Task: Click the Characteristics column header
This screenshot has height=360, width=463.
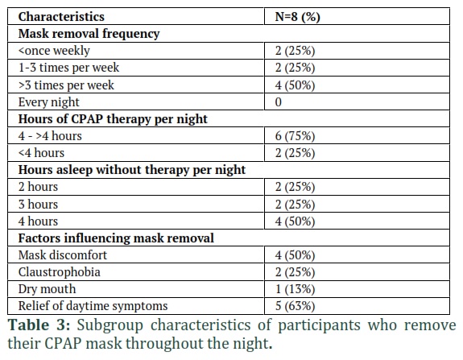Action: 61,17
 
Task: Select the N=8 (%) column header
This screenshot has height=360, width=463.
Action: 297,17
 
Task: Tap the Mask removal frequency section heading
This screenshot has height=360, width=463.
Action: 89,34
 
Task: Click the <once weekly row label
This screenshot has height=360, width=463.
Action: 54,51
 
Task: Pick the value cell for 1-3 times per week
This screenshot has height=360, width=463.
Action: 295,68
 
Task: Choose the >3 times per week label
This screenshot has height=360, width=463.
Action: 66,85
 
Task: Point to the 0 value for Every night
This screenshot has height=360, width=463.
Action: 278,102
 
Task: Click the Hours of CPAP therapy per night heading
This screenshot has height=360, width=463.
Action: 113,119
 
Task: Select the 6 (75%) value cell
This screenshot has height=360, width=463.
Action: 295,136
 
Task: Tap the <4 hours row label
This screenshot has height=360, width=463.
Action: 41,153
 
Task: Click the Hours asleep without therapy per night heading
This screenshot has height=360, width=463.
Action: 132,170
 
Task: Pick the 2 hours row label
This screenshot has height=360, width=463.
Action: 38,187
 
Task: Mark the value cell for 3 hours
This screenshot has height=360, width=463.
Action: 295,205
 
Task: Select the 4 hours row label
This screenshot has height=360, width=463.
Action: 38,221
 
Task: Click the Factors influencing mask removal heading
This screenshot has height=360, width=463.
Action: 116,238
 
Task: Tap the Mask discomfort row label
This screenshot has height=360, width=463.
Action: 63,255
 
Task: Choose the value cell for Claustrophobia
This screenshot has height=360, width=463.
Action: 295,272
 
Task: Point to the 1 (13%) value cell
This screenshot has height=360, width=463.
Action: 295,289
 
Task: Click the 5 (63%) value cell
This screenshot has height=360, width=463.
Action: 295,306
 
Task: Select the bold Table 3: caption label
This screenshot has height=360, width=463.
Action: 39,325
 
